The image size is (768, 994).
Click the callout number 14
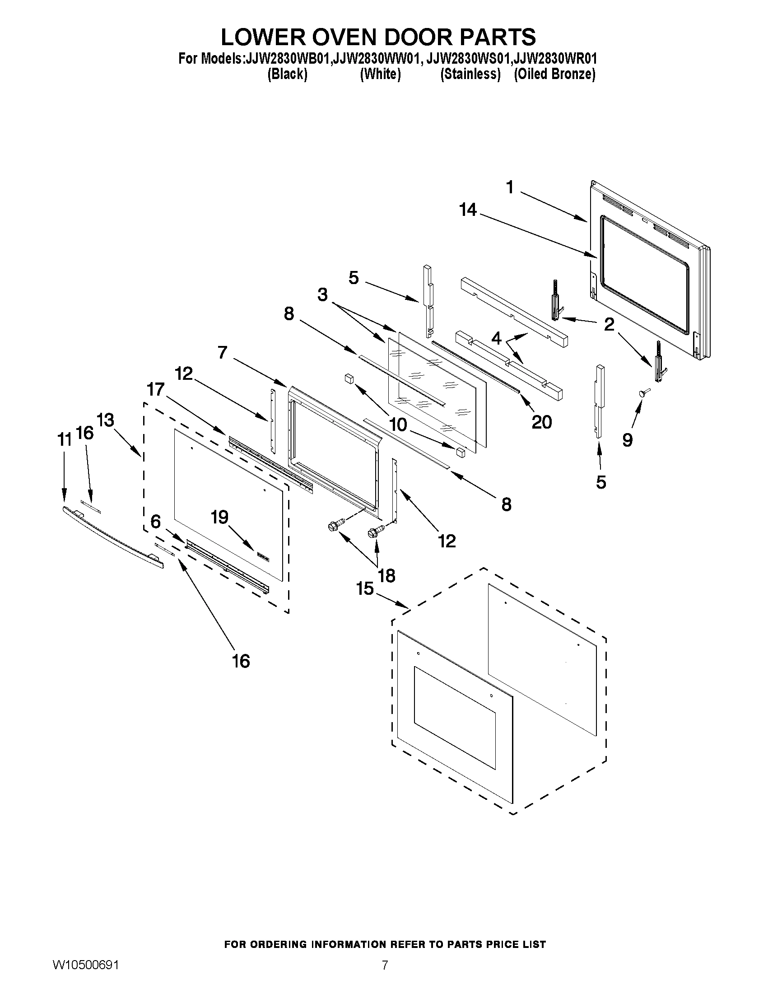468,210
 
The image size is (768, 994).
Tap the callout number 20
541,422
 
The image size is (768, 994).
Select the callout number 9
627,440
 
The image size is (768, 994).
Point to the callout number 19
219,517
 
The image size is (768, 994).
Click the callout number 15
365,588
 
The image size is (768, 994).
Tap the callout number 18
386,576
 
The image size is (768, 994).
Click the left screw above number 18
334,527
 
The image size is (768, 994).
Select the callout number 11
64,439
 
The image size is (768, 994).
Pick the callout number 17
155,389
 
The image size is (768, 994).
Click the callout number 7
222,352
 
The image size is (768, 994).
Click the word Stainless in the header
470,74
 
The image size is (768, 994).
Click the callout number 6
156,522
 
